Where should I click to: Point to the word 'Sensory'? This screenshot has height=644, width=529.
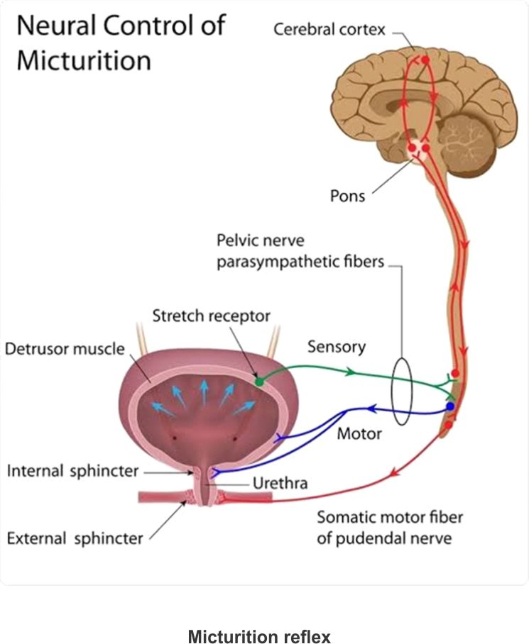point(337,347)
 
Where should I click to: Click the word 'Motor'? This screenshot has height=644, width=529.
point(359,433)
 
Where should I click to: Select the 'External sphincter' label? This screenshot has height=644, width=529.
point(75,538)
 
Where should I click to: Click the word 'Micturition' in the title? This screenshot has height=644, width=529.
point(84,60)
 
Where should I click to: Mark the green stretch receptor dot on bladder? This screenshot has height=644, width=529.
point(259,382)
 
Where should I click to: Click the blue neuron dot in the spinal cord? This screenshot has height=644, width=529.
point(449,406)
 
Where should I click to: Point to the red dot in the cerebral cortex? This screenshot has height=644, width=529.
point(425,62)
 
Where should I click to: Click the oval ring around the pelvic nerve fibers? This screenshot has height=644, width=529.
point(403,391)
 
